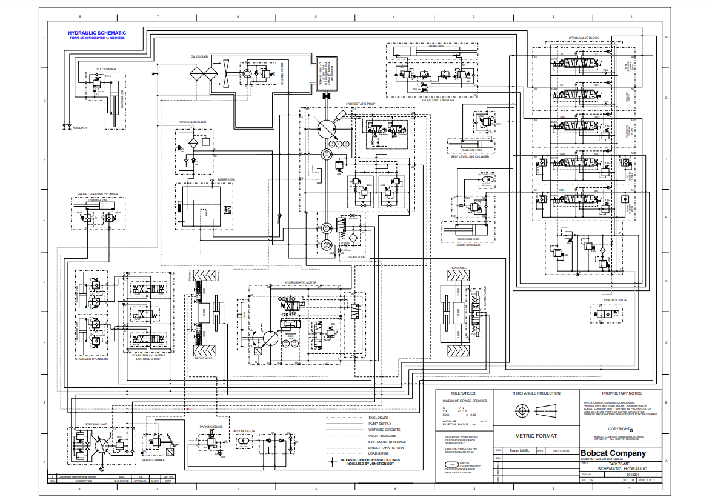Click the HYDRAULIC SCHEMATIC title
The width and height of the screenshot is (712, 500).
(97, 33)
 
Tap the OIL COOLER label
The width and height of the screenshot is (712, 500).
(199, 56)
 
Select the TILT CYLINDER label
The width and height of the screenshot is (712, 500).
(105, 70)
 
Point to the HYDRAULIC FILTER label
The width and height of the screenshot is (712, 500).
(192, 122)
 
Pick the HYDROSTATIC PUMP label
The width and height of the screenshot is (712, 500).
(361, 104)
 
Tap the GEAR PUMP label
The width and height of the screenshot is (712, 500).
(356, 256)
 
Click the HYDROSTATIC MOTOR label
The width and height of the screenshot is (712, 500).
(301, 282)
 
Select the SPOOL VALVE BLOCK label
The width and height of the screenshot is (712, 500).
(584, 38)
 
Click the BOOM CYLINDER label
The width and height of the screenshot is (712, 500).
(468, 245)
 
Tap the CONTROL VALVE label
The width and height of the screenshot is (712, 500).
(615, 300)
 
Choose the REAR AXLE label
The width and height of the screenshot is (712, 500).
(458, 267)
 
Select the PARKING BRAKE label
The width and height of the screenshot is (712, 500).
(211, 426)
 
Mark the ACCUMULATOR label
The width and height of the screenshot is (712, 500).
(245, 432)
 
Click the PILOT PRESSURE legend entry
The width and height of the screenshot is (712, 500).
(383, 436)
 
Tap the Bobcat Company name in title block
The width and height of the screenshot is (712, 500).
(613, 453)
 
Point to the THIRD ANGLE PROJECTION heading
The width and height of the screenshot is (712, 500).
(536, 393)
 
